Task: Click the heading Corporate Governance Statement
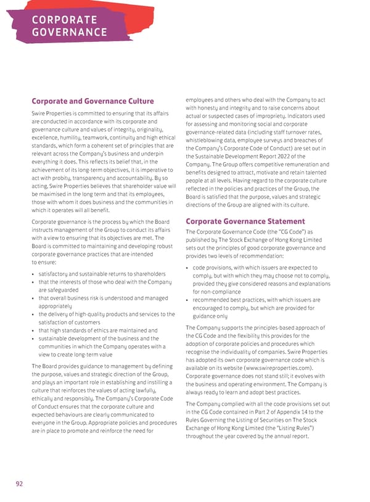point(245,221)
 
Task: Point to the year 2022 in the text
point(294,156)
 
